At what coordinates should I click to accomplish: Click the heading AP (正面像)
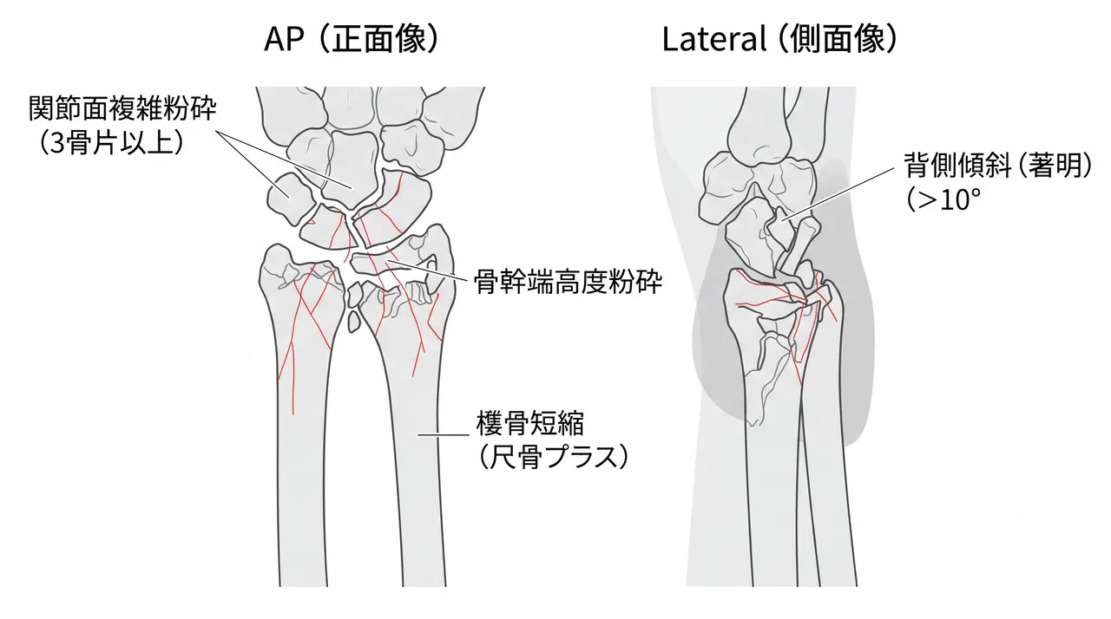[x=352, y=39]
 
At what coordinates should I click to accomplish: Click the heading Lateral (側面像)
[x=779, y=39]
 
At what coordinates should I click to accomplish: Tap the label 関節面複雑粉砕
[x=122, y=108]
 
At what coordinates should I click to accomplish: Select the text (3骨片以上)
[x=111, y=143]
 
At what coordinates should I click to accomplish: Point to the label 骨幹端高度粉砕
[x=569, y=282]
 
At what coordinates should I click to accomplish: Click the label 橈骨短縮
[x=530, y=422]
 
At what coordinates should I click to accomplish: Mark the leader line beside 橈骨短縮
[x=443, y=435]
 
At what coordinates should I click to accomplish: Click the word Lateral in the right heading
[x=714, y=40]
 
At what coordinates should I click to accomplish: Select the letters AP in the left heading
[x=284, y=40]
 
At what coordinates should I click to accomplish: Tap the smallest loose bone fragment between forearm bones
[x=353, y=322]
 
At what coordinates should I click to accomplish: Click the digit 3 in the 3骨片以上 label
[x=57, y=143]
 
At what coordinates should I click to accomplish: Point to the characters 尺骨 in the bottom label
[x=516, y=456]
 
